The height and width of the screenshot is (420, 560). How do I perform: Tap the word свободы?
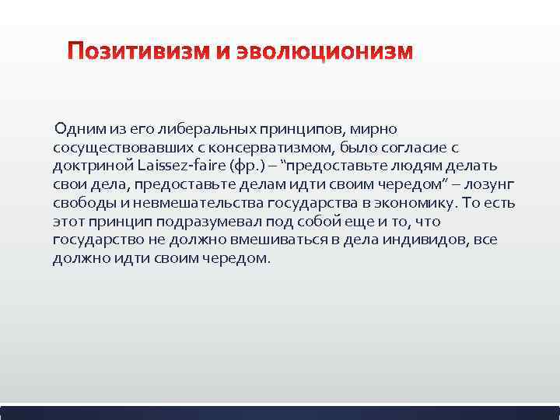[x=81, y=203]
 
